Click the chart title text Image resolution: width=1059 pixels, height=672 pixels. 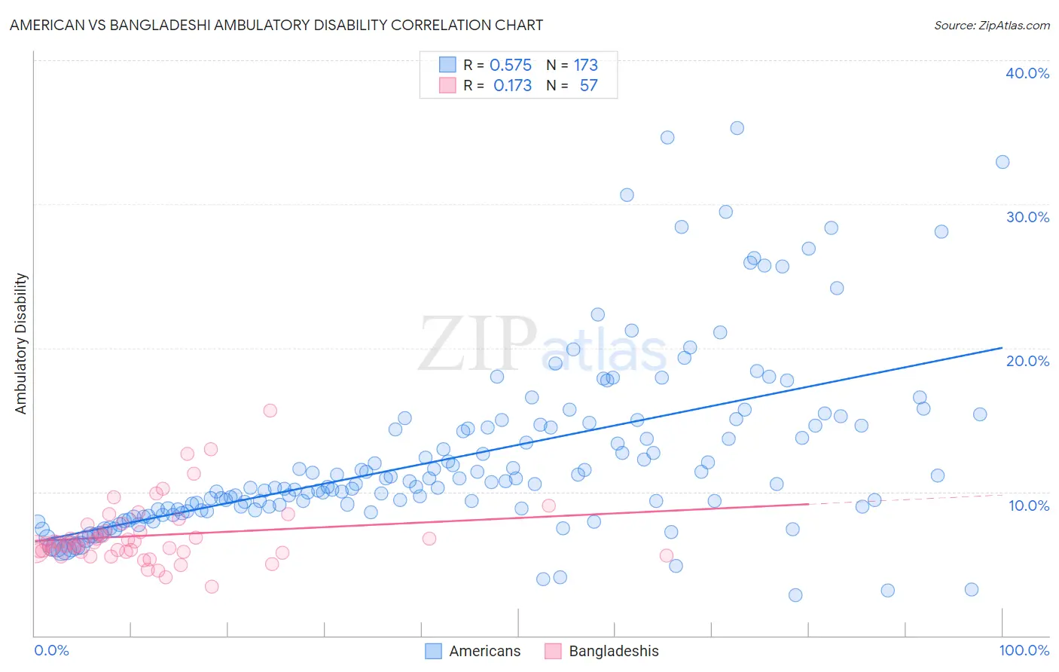click(x=276, y=25)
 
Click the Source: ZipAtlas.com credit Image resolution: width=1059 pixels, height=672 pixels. click(x=991, y=25)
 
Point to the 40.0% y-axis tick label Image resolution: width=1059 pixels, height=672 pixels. click(x=1027, y=73)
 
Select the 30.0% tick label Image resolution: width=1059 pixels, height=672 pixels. click(x=1027, y=217)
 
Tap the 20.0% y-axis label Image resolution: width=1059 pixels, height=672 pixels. click(x=1027, y=361)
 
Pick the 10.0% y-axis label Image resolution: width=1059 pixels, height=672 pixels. click(x=1028, y=505)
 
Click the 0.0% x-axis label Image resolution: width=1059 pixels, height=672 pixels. click(x=51, y=650)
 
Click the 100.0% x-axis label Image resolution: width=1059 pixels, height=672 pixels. click(x=1024, y=650)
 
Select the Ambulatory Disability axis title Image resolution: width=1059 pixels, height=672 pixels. click(x=21, y=343)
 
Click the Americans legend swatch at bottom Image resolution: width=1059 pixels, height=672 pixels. click(x=433, y=651)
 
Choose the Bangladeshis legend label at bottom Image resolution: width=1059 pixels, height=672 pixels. click(x=613, y=651)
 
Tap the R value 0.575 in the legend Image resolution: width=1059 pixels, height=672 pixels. click(x=510, y=66)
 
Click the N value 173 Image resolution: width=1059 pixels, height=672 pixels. click(x=585, y=66)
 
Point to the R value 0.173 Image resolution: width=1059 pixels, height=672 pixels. click(x=512, y=86)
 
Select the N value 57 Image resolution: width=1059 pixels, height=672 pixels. click(x=588, y=86)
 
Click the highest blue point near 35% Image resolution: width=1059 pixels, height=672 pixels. click(x=737, y=128)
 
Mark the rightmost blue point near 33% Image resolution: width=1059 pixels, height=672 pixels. click(x=1002, y=162)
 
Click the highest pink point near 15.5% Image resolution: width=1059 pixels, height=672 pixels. click(x=270, y=411)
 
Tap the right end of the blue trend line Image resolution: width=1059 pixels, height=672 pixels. click(x=1002, y=347)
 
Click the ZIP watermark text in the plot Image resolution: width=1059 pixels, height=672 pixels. click(x=478, y=344)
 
